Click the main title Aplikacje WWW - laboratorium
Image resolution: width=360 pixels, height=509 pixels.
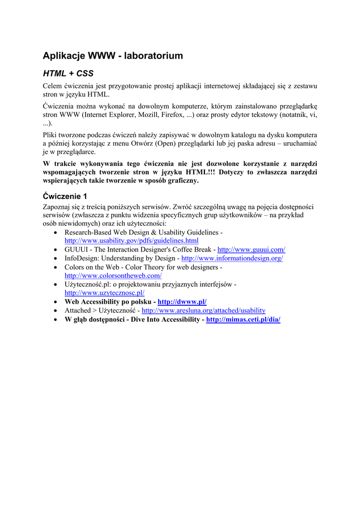point(113,56)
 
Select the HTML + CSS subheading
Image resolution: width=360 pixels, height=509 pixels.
point(68,74)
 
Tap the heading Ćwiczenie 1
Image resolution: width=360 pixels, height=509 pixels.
point(65,196)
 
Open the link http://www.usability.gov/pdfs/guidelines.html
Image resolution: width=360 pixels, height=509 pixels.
point(131,241)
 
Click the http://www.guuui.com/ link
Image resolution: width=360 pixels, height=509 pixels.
point(251,250)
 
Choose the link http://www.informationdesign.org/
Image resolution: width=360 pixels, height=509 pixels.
point(232,258)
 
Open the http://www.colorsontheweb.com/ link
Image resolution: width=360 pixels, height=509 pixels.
point(113,275)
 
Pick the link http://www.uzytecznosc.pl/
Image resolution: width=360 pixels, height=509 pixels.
point(104,293)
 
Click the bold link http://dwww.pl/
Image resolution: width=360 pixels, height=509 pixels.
point(182,302)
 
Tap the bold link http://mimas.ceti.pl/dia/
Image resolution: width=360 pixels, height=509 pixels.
point(243,320)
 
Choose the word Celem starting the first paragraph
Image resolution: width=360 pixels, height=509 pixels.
point(54,86)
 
